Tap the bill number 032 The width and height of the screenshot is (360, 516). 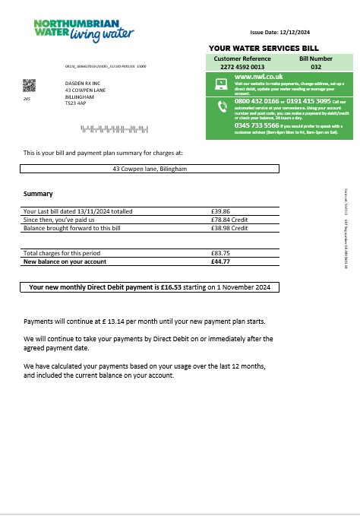(x=315, y=65)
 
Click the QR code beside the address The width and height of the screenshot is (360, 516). (x=30, y=84)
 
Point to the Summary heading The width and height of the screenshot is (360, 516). (x=38, y=194)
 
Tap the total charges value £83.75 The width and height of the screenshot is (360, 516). (x=220, y=252)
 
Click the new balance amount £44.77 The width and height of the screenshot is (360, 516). (x=220, y=261)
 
